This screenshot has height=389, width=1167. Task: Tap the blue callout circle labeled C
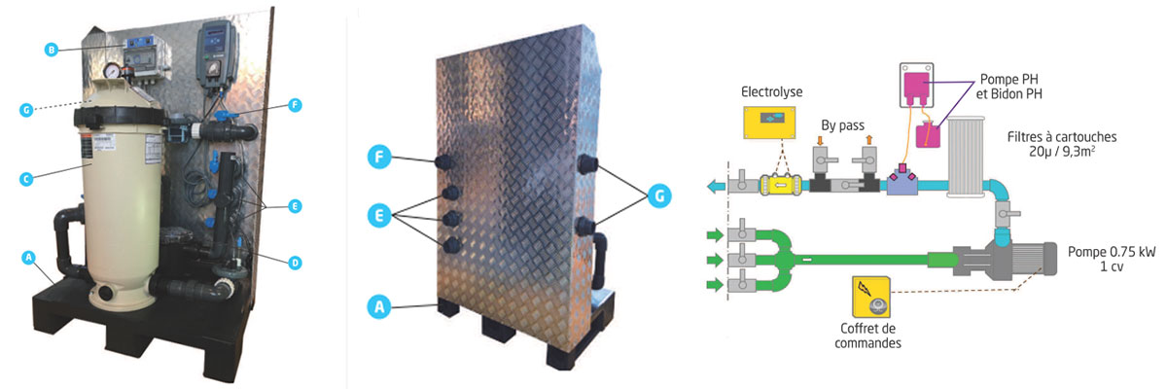coord(27,178)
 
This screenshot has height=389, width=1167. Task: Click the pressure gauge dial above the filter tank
coord(114,72)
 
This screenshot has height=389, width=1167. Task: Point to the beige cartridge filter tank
coord(116,214)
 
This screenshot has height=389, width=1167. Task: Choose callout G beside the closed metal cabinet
coord(659,195)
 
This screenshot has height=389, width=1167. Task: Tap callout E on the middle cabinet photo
coord(381,214)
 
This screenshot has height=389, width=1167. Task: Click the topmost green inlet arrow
coord(716,234)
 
